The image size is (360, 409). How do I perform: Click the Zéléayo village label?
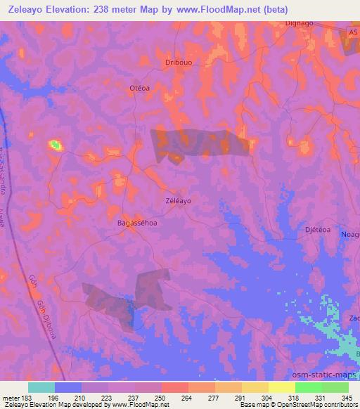click(x=178, y=200)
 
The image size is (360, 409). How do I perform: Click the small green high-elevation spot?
click(x=55, y=145)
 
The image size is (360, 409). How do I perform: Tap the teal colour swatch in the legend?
click(x=41, y=387)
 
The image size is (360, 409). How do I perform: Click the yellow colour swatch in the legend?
click(x=282, y=387)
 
